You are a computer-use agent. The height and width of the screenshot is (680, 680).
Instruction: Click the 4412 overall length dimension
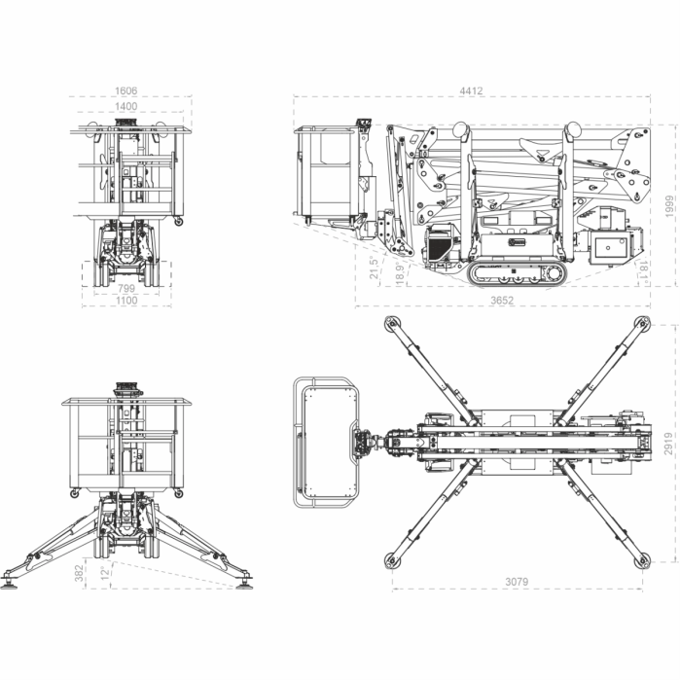pyautogui.click(x=471, y=90)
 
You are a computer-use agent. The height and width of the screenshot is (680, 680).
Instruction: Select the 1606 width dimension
pyautogui.click(x=125, y=90)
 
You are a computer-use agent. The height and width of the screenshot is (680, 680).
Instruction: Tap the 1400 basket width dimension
pyautogui.click(x=125, y=105)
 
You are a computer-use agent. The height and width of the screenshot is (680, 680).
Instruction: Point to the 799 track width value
pyautogui.click(x=126, y=289)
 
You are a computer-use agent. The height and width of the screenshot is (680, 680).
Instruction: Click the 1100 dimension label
pyautogui.click(x=126, y=301)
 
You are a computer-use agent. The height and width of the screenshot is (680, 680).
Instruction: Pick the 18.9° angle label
pyautogui.click(x=399, y=271)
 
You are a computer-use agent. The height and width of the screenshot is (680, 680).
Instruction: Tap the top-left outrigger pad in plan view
pyautogui.click(x=392, y=324)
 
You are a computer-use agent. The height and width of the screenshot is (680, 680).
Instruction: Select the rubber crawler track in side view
pyautogui.click(x=516, y=273)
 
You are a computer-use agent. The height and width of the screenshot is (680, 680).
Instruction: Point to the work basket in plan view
pyautogui.click(x=327, y=442)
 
